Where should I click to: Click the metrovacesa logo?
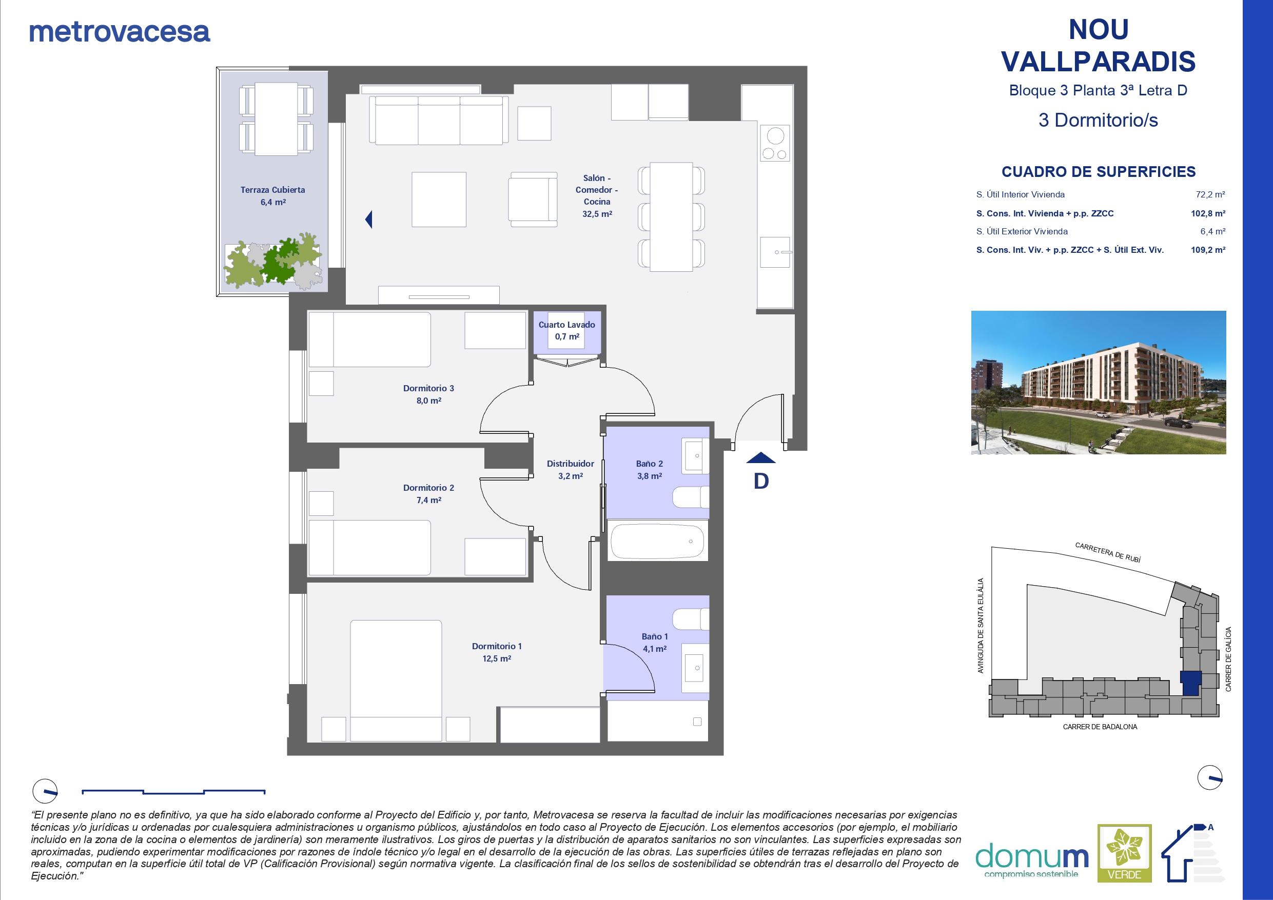point(119,32)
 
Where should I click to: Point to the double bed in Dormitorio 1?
point(396,680)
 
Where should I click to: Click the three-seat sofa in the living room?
point(439,121)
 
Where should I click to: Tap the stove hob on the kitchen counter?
point(775,143)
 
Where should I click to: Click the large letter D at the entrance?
point(761,481)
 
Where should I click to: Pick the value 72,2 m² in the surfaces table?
point(1210,194)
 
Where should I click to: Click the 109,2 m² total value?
point(1208,250)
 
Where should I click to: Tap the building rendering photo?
point(1099,383)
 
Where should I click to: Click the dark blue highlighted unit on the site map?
point(1190,683)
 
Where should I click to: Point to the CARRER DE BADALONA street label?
point(1100,727)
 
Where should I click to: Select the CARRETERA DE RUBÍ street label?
point(1108,552)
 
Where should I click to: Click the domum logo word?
point(1032,856)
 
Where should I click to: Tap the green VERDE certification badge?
point(1124,853)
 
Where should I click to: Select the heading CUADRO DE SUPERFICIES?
point(1099,172)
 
